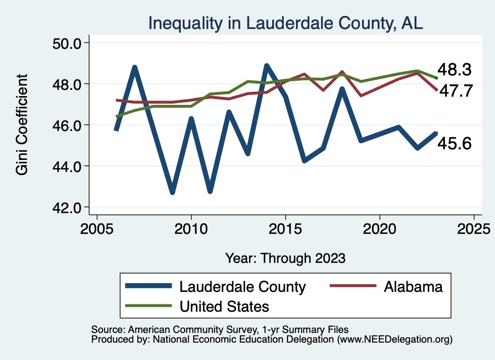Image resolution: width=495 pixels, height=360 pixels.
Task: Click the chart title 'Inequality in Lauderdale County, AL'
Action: (285, 23)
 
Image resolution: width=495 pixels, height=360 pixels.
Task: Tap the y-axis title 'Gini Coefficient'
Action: (22, 125)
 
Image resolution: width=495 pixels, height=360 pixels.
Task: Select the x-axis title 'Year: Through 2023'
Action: (285, 258)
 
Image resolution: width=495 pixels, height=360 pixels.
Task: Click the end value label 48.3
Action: (454, 70)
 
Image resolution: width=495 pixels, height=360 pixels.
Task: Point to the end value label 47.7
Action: (454, 91)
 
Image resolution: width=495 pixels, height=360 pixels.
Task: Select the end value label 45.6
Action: (454, 143)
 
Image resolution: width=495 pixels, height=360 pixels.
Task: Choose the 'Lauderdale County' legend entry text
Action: (243, 287)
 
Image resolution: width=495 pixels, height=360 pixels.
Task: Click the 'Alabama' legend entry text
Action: (413, 287)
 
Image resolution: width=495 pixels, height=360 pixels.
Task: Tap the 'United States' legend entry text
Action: (224, 306)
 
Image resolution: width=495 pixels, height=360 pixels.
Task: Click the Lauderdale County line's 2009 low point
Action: (172, 192)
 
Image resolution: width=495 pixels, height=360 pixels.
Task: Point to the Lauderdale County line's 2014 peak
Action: (266, 66)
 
